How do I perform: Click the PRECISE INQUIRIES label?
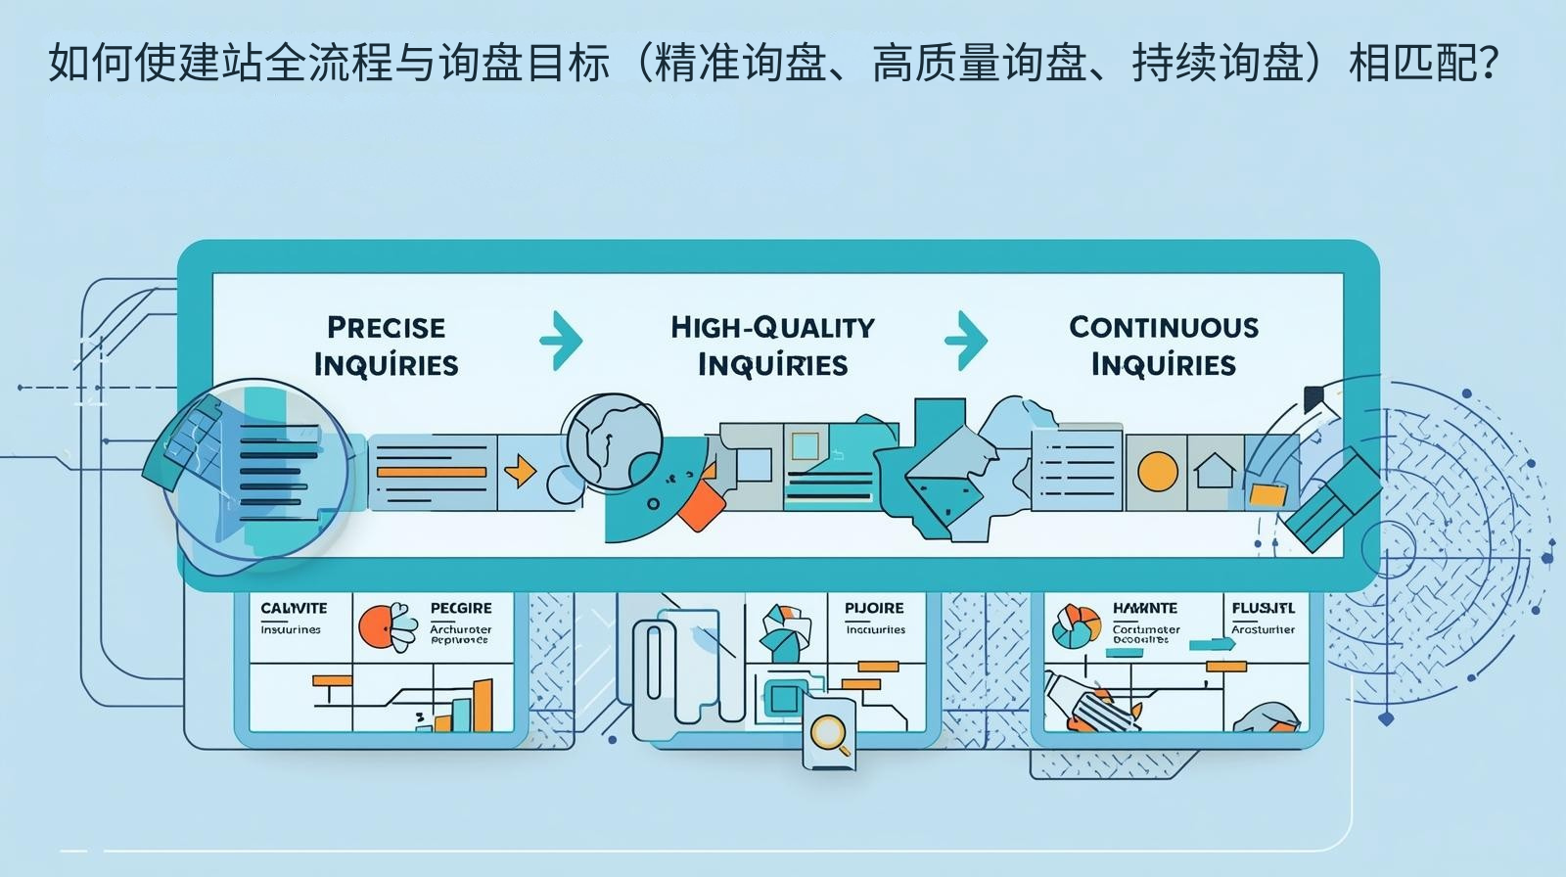(386, 346)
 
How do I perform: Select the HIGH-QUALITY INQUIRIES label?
(772, 346)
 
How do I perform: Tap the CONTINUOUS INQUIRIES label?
(1163, 346)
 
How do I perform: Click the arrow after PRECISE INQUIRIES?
(562, 341)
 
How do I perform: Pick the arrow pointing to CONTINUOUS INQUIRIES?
(966, 341)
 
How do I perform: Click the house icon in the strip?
(1215, 472)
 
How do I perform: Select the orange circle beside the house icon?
(1157, 472)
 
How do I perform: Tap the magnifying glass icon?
(830, 731)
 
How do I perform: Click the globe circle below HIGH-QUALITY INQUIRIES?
(613, 436)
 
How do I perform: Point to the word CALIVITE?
(294, 608)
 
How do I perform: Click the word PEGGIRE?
(461, 608)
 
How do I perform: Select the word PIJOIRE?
(874, 608)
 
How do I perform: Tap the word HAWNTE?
(1144, 608)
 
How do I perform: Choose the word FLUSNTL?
(1263, 608)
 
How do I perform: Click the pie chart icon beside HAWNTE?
(1075, 626)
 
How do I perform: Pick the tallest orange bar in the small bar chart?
(483, 706)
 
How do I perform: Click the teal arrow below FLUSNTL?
(1212, 644)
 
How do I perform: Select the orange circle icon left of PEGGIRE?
(376, 625)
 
